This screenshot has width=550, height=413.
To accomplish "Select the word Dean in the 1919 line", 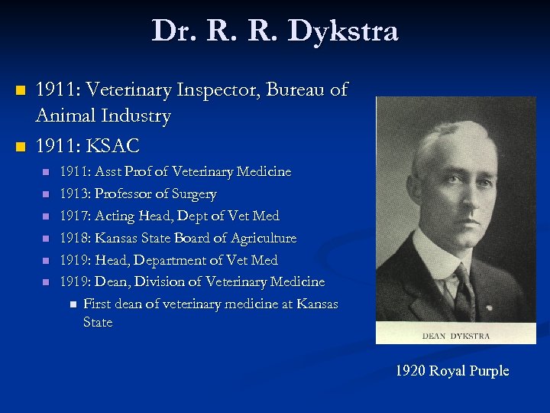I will point(112,282).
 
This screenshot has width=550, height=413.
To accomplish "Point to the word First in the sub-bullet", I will point(96,304).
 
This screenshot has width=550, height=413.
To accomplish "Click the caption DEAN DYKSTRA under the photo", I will point(455,336).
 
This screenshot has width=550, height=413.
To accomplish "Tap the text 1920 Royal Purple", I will point(451,371).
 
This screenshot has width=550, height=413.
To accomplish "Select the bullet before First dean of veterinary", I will point(73,304).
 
